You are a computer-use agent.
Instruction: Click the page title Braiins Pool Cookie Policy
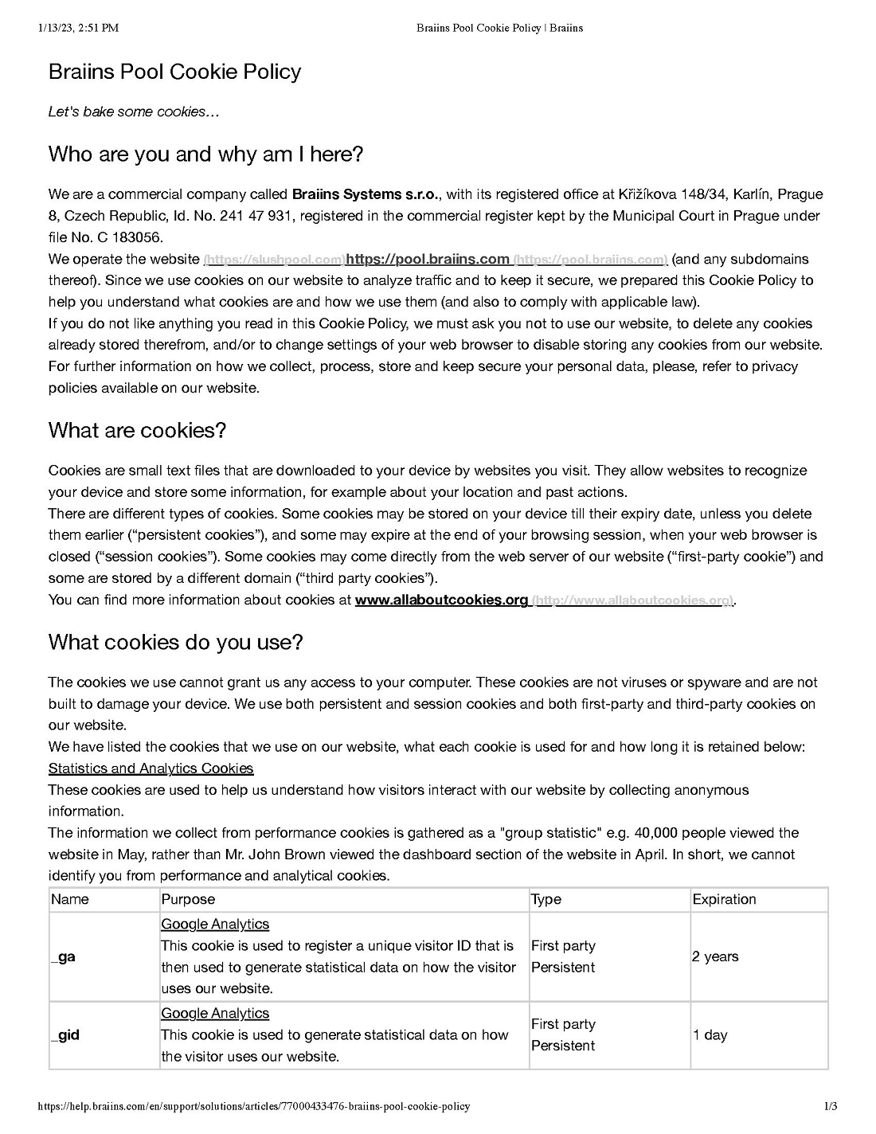[174, 72]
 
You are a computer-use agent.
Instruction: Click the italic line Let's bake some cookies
[133, 111]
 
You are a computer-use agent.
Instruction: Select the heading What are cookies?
[137, 430]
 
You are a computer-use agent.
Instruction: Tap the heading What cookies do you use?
[175, 642]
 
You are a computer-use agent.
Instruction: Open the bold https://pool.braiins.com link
[428, 259]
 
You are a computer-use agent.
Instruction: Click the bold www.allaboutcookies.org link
[441, 600]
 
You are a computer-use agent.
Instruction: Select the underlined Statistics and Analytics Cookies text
[151, 768]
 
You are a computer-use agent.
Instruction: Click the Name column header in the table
[70, 899]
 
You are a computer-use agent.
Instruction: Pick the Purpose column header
[188, 899]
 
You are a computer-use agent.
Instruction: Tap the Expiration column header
[724, 899]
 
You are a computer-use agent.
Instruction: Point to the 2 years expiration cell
[715, 956]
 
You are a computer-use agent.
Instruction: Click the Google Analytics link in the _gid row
[215, 1013]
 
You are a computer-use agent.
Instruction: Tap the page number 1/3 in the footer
[831, 1106]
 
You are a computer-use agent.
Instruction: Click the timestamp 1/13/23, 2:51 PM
[78, 28]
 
